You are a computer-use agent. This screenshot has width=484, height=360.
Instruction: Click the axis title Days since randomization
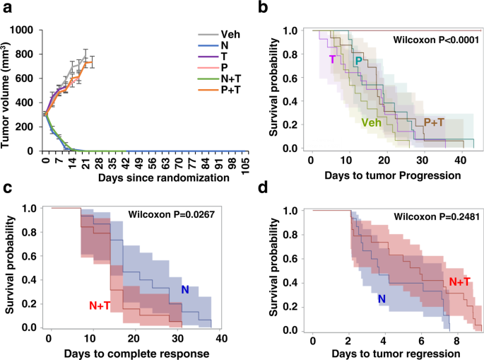coord(144,178)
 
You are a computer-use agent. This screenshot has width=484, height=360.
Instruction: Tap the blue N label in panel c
coord(185,289)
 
